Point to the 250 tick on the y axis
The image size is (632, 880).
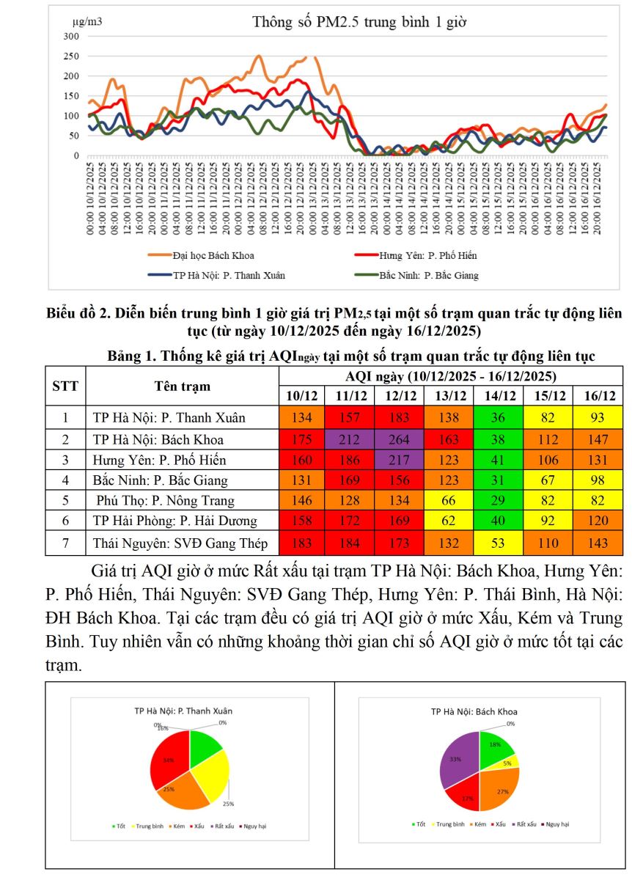click(x=71, y=56)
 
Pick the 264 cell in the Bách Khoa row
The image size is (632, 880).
click(x=399, y=439)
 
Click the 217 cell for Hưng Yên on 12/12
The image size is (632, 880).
click(x=399, y=460)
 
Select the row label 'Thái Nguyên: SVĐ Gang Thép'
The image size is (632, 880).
click(x=180, y=543)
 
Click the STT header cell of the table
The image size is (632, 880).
click(x=65, y=385)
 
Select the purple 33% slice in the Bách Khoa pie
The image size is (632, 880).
click(x=458, y=763)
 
